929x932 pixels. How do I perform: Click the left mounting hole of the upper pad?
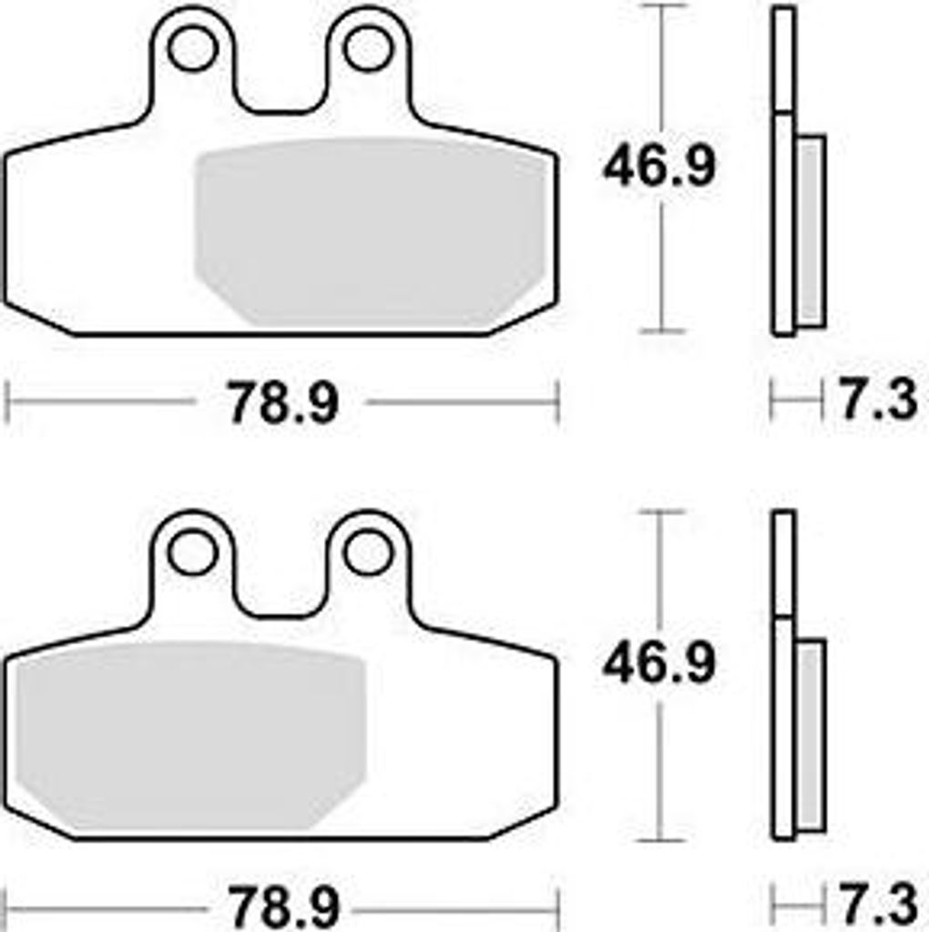pyautogui.click(x=190, y=49)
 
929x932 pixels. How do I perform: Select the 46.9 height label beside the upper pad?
pyautogui.click(x=658, y=167)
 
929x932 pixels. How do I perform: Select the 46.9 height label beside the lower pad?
pyautogui.click(x=658, y=664)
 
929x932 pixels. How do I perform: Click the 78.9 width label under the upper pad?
pyautogui.click(x=283, y=403)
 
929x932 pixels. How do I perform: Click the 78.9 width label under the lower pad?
pyautogui.click(x=283, y=907)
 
